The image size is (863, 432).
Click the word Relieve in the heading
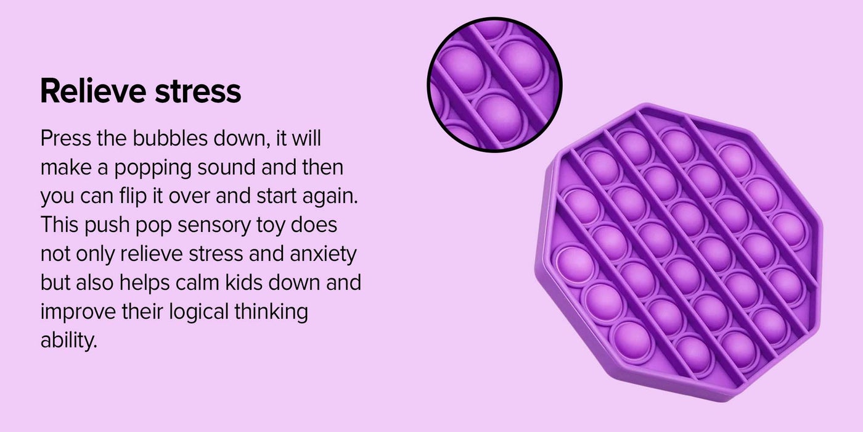93,91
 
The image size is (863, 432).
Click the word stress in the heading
198,92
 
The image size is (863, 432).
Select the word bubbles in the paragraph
170,138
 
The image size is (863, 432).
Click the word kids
244,283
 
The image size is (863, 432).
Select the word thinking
271,312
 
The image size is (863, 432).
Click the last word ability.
68,341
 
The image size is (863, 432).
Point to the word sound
226,167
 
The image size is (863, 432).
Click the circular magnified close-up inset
494,85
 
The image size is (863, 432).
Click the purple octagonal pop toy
679,252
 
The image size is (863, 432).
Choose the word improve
78,312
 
